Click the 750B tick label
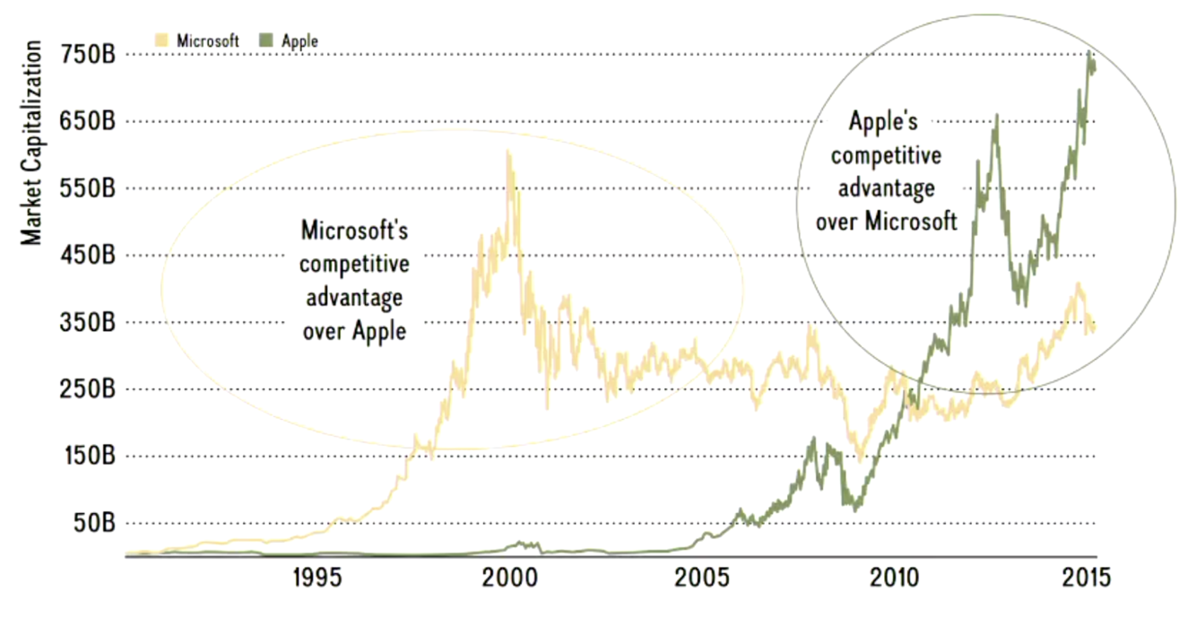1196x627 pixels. pyautogui.click(x=87, y=55)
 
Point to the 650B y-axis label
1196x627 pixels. pyautogui.click(x=87, y=121)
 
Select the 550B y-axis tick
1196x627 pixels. pyautogui.click(x=87, y=188)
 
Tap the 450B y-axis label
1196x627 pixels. pyautogui.click(x=87, y=256)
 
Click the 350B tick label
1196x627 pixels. pyautogui.click(x=87, y=322)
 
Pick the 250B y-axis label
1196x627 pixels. pyautogui.click(x=87, y=389)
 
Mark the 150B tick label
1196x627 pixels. pyautogui.click(x=87, y=457)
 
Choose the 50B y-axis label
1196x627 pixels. pyautogui.click(x=91, y=523)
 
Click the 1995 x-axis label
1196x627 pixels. pyautogui.click(x=317, y=576)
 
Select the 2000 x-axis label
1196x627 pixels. pyautogui.click(x=510, y=576)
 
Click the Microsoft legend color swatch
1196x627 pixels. pyautogui.click(x=162, y=40)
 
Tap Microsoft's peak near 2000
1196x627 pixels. pyautogui.click(x=508, y=152)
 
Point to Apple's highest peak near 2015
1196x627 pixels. pyautogui.click(x=1088, y=52)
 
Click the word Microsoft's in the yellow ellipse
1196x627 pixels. pyautogui.click(x=354, y=231)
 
